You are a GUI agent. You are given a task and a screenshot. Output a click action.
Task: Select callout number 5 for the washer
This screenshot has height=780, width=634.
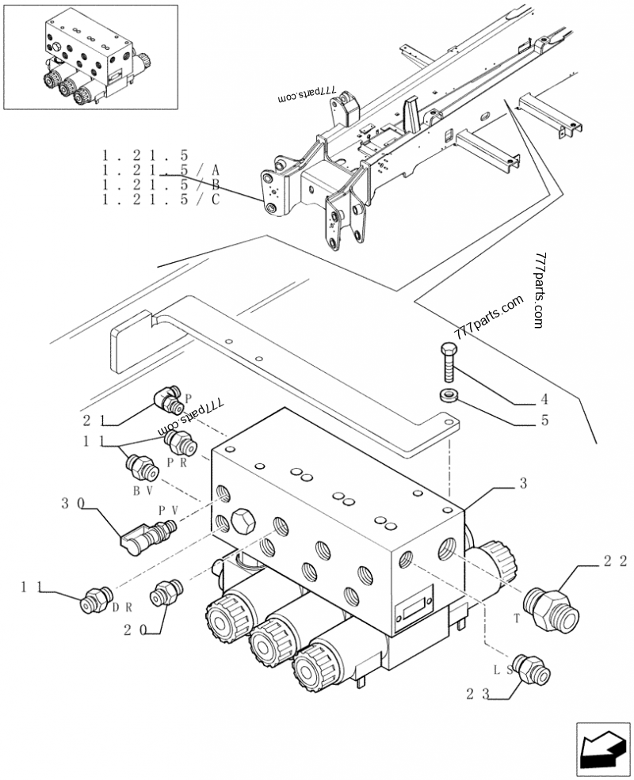pos(544,420)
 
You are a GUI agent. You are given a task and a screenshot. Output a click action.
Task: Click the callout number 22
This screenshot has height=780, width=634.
pos(614,562)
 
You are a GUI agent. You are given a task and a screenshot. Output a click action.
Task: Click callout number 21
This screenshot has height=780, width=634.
pos(94,420)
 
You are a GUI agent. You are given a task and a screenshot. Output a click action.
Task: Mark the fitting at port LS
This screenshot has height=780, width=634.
pos(530,669)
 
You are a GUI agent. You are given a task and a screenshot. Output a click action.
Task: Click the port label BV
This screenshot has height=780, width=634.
pos(143,491)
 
